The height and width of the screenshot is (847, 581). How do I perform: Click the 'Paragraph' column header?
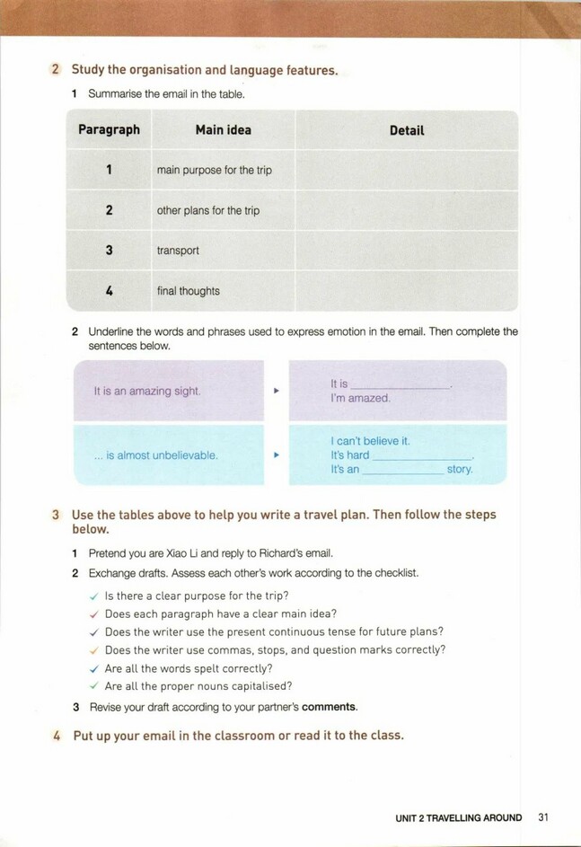pos(109,130)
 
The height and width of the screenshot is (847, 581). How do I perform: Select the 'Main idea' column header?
pos(224,130)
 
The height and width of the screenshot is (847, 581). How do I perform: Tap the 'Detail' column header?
pos(407,130)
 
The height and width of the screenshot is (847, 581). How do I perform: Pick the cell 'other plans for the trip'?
pos(207,210)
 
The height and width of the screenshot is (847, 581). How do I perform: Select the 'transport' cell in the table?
pos(178,251)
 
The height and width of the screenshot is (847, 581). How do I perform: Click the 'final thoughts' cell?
pos(188,291)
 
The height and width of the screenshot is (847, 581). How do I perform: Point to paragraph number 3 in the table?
pos(109,251)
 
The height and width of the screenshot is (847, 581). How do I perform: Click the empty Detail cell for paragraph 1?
pos(407,170)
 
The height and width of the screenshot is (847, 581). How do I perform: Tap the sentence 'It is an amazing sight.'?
pos(147,392)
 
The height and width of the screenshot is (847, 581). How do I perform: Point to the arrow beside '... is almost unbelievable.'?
pos(277,455)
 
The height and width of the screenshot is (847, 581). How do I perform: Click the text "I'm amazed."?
pos(360,398)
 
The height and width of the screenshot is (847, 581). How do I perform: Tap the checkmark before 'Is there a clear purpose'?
pos(93,596)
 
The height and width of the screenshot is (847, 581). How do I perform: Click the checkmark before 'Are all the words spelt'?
pos(93,668)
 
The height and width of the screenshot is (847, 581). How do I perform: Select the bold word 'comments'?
pos(329,707)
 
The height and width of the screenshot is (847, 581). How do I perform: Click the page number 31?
pos(542,817)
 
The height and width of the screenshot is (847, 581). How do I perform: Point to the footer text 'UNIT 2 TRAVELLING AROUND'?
pos(458,817)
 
